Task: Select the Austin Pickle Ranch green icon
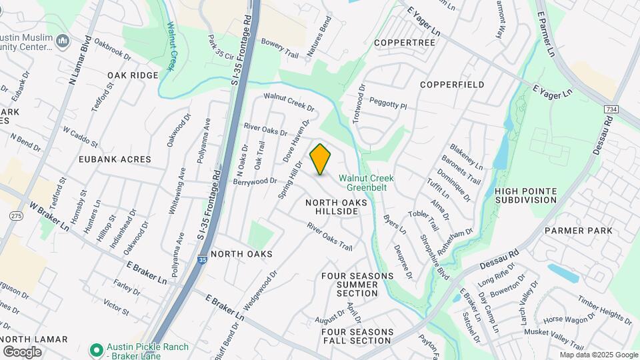[96, 349]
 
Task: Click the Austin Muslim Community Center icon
[63, 41]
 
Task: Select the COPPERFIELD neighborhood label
[452, 85]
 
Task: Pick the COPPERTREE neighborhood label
[404, 43]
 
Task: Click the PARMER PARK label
[578, 231]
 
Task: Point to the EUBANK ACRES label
[115, 159]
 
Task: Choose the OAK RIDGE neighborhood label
[133, 75]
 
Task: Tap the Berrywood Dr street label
[255, 181]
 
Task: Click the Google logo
[22, 351]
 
